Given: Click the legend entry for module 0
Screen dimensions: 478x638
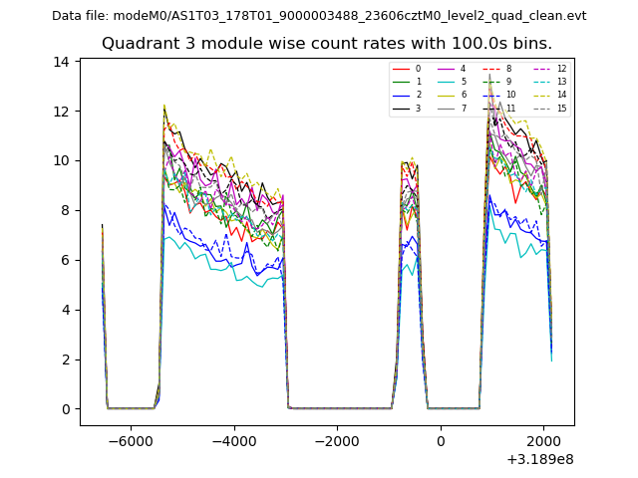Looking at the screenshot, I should (x=409, y=69).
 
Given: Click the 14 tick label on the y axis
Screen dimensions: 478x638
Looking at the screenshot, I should (x=62, y=62).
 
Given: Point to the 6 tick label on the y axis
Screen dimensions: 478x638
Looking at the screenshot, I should (x=66, y=260).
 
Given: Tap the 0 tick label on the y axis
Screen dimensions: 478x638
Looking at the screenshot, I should (x=66, y=409).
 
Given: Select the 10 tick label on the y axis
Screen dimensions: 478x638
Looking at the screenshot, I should (x=62, y=160).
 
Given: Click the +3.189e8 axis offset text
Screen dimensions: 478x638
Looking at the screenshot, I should (x=540, y=459).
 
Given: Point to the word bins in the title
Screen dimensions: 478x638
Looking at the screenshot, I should (x=530, y=44).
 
